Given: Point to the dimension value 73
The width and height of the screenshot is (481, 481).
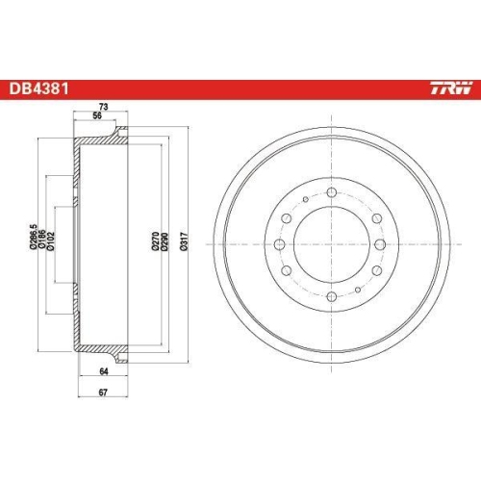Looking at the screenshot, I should [x=100, y=108].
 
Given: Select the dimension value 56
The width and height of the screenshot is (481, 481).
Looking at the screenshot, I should [x=95, y=117].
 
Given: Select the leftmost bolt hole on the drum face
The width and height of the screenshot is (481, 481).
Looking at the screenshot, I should [x=280, y=244].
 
